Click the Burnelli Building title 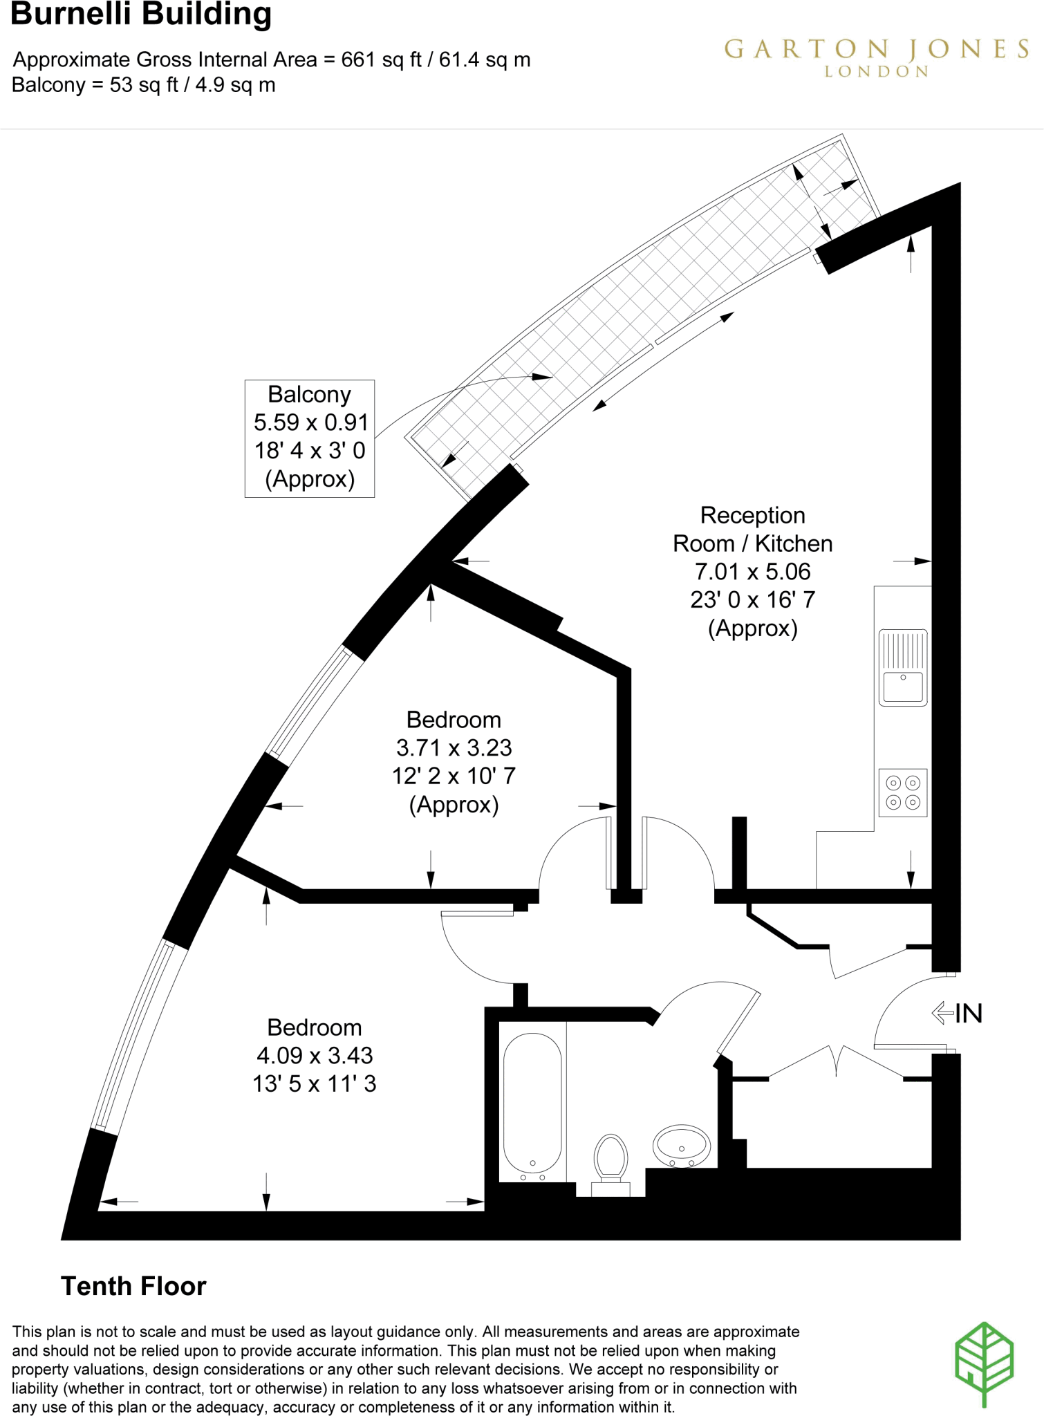[141, 15]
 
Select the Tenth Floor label [133, 1287]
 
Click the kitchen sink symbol [902, 667]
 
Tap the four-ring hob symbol [902, 792]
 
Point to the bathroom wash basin [682, 1146]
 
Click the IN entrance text [969, 1014]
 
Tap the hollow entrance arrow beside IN [942, 1013]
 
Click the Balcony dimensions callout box [310, 438]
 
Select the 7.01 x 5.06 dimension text [752, 572]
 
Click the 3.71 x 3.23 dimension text [454, 748]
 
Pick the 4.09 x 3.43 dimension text [315, 1056]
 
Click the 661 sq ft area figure [381, 60]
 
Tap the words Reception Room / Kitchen [752, 530]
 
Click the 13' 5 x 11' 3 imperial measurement [315, 1084]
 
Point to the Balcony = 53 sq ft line [143, 86]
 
